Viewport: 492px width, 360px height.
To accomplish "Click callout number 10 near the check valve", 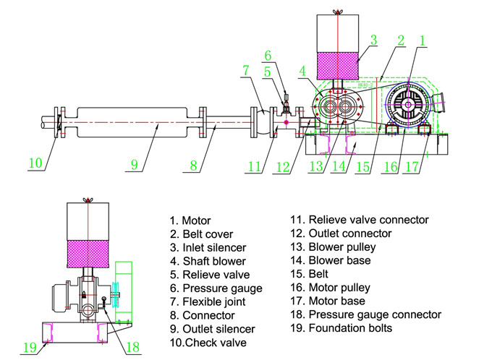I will (x=36, y=163).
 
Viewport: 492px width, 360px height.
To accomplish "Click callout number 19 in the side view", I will (x=29, y=348).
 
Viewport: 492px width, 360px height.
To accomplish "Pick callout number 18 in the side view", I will (x=132, y=348).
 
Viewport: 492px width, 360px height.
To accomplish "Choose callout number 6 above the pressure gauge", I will (x=267, y=56).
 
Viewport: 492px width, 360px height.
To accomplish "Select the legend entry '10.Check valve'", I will (x=208, y=343).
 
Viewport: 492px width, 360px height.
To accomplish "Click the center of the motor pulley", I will (x=409, y=106).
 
